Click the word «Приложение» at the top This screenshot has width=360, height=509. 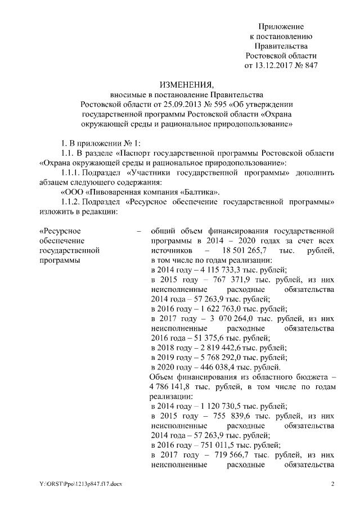(x=281, y=26)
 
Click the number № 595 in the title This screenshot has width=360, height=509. (x=224, y=103)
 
